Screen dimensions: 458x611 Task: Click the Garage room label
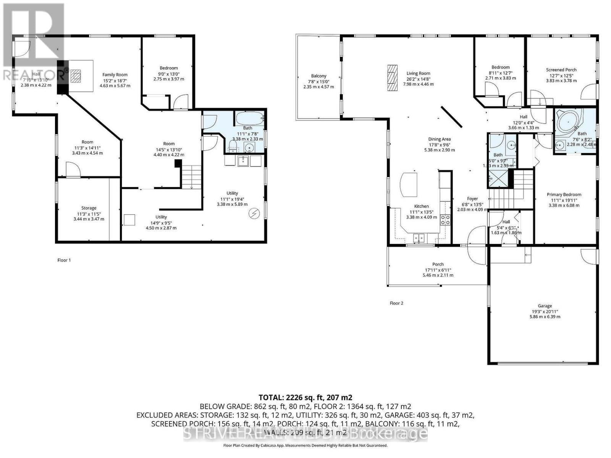point(545,306)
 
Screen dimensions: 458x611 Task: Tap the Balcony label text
point(318,76)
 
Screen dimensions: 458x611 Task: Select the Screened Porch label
point(561,70)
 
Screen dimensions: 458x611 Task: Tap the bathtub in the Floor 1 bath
point(249,118)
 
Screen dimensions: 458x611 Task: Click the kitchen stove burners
point(445,219)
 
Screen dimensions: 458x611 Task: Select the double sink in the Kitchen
point(419,238)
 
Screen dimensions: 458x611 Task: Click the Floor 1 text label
point(64,260)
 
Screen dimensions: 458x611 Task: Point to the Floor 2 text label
point(396,303)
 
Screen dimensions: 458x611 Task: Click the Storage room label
point(89,208)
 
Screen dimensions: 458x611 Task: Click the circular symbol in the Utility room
point(253,214)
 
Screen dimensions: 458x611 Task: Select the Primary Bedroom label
point(564,195)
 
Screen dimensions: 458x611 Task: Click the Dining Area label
point(439,139)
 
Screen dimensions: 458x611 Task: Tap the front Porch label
point(438,264)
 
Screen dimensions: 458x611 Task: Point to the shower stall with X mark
point(495,178)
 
